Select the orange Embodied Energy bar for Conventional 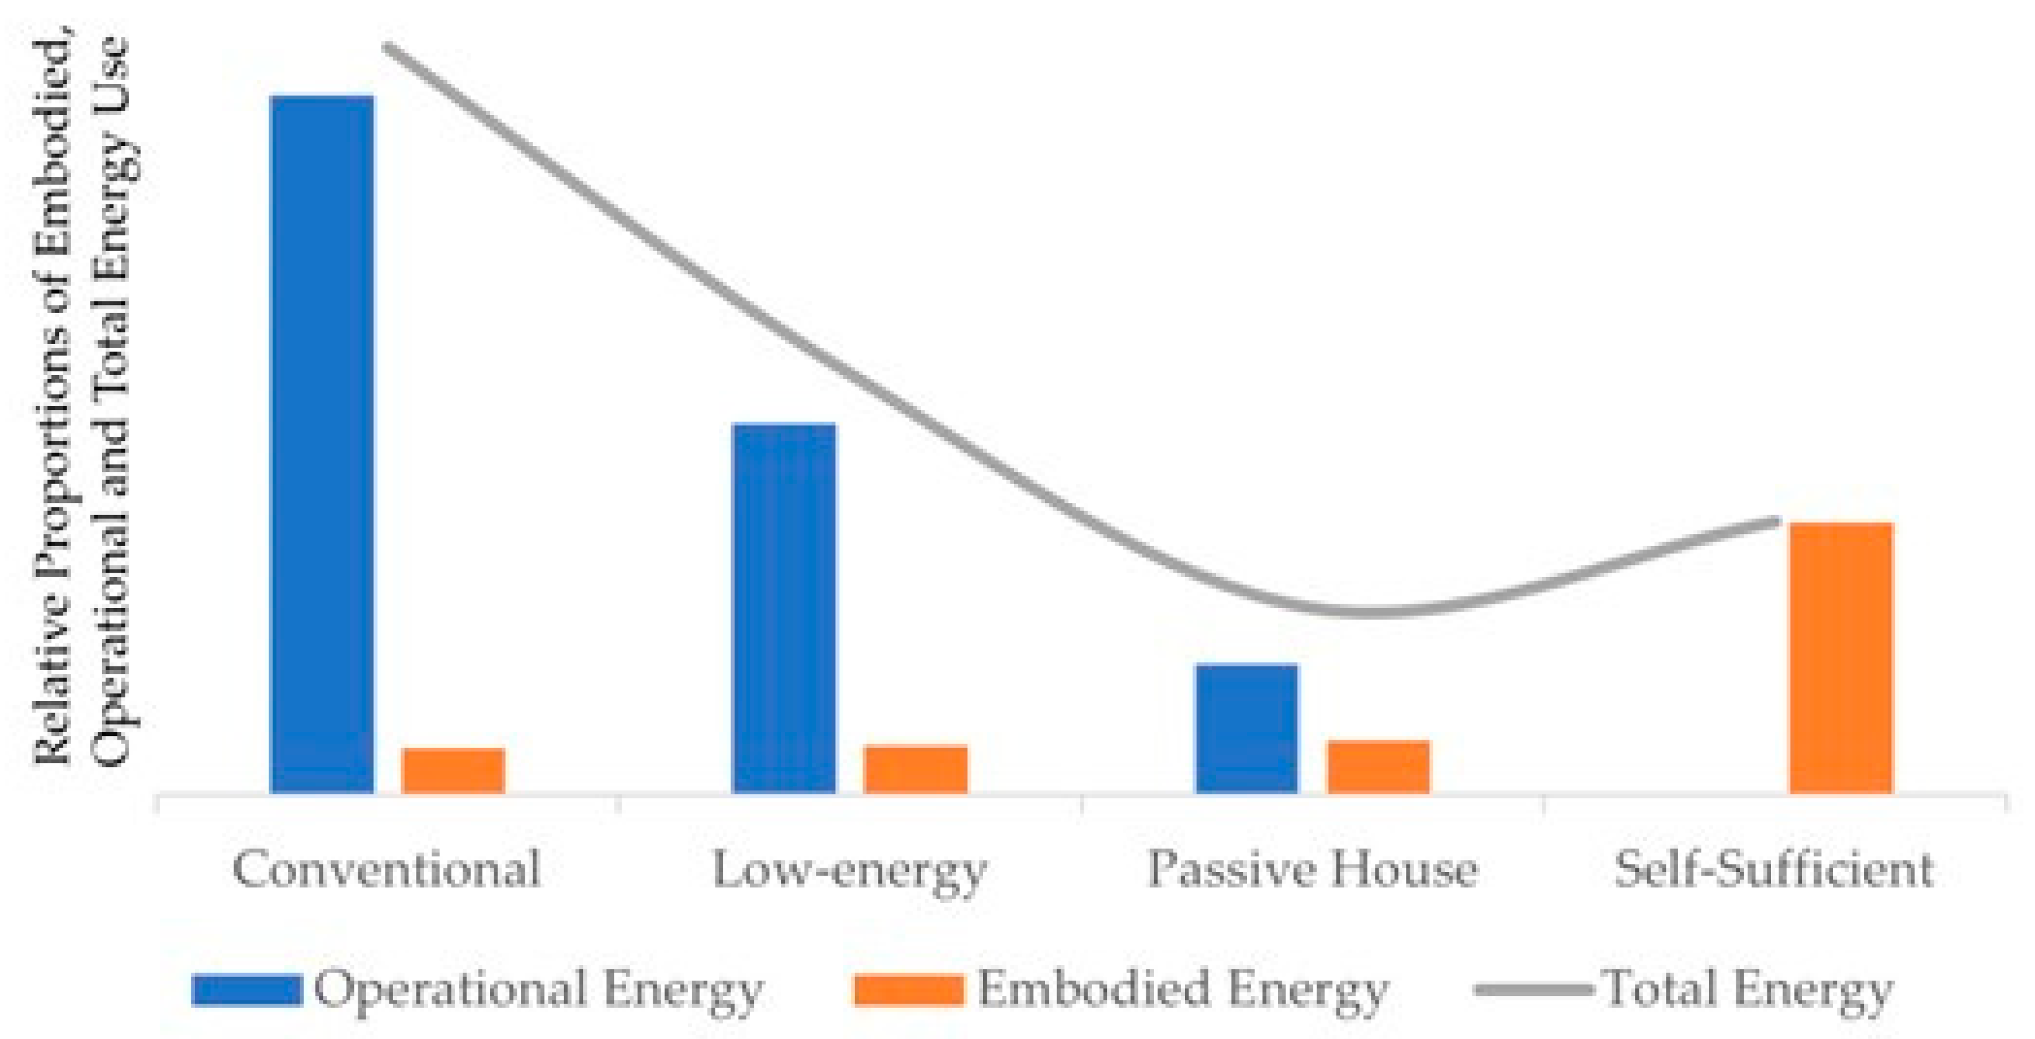(x=453, y=770)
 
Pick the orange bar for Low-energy (x=915, y=769)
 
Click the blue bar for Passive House (x=1246, y=728)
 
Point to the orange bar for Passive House (x=1378, y=766)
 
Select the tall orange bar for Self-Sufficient (x=1841, y=658)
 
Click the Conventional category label (x=387, y=869)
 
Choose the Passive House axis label (x=1312, y=869)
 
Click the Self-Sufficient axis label (x=1774, y=869)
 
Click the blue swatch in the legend (x=247, y=990)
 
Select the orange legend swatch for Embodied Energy (x=909, y=990)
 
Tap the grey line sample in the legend (x=1533, y=989)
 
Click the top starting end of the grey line (x=387, y=46)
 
